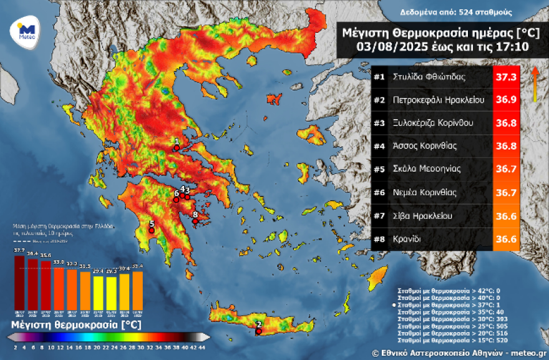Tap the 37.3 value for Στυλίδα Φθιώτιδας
(505, 78)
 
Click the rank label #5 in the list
(379, 168)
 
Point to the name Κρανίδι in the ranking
(408, 238)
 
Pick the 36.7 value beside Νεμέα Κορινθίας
(505, 192)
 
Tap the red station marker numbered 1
(177, 147)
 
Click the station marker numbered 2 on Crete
(258, 331)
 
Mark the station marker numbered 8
(195, 220)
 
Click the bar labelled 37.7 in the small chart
(19, 278)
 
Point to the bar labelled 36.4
(32, 280)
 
